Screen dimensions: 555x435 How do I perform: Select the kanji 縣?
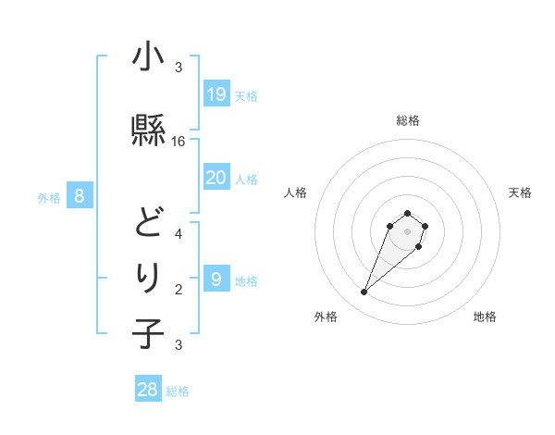pyautogui.click(x=148, y=130)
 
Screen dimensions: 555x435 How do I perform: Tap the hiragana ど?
pyautogui.click(x=148, y=220)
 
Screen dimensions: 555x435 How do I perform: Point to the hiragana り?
pyautogui.click(x=148, y=277)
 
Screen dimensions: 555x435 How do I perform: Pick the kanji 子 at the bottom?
pyautogui.click(x=148, y=333)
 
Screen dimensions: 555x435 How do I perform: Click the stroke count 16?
pyautogui.click(x=179, y=142)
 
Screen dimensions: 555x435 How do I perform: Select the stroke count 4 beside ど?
pyautogui.click(x=179, y=233)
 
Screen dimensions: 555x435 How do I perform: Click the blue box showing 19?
pyautogui.click(x=216, y=93)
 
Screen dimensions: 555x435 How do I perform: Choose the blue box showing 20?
pyautogui.click(x=216, y=178)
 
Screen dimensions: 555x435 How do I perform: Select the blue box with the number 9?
pyautogui.click(x=216, y=279)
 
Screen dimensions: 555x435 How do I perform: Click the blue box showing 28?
pyautogui.click(x=148, y=389)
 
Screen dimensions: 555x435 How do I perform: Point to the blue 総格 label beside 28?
pyautogui.click(x=178, y=391)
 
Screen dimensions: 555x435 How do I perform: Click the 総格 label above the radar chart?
pyautogui.click(x=408, y=120)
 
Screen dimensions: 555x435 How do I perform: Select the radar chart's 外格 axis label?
pyautogui.click(x=326, y=317)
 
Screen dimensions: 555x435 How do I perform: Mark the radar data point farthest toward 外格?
pyautogui.click(x=364, y=292)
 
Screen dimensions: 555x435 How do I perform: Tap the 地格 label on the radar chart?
pyautogui.click(x=485, y=317)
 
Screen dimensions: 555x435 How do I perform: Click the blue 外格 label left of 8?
pyautogui.click(x=49, y=197)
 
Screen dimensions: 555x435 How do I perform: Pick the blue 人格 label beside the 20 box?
pyautogui.click(x=246, y=180)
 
